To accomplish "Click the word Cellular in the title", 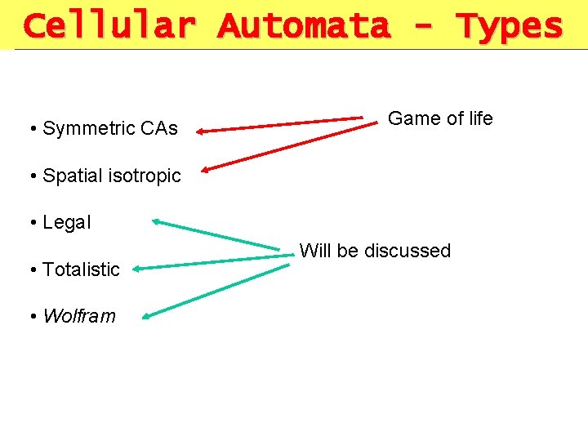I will point(109,26).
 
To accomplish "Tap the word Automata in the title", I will point(304,26).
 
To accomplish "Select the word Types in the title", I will point(510,26).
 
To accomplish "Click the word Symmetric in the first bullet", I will point(88,129).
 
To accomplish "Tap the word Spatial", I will point(71,176).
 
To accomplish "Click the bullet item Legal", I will point(66,222).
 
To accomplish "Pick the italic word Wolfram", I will point(79,316).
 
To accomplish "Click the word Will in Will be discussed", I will point(315,251).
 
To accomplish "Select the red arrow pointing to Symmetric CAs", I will point(282,124).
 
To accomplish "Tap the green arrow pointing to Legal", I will point(220,234).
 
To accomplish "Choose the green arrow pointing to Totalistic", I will point(212,261).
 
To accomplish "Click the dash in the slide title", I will point(424,26).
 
